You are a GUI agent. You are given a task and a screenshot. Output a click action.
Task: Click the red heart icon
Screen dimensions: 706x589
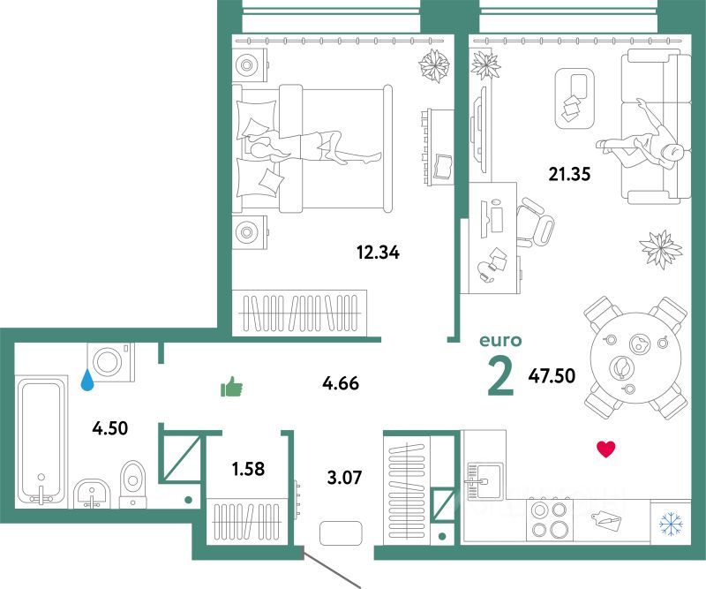(605, 449)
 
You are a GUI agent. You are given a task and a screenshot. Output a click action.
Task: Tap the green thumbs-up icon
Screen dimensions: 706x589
(231, 387)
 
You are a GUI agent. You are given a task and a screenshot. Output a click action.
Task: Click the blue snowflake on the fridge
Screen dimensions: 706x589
(671, 523)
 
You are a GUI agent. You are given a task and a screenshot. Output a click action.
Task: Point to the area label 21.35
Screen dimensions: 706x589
(569, 173)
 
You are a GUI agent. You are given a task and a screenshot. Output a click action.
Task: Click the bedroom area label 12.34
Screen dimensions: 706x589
(378, 253)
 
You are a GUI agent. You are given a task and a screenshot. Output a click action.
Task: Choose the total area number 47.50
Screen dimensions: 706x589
(552, 375)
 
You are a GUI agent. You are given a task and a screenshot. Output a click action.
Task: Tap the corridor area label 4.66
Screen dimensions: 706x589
(341, 383)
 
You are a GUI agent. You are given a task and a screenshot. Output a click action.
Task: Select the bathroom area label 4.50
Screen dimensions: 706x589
(110, 428)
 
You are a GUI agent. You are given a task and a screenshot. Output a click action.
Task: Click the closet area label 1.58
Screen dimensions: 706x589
(248, 469)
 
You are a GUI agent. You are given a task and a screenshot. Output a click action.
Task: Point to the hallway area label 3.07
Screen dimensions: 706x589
(344, 477)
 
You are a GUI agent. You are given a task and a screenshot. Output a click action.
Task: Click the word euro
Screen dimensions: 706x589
(500, 340)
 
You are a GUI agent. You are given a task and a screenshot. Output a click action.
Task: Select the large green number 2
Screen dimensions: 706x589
(500, 378)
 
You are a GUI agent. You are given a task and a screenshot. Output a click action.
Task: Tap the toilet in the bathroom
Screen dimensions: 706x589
(133, 485)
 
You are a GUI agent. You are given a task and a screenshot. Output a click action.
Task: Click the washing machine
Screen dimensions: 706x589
(111, 362)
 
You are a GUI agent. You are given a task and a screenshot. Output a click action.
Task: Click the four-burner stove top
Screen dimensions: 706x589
(549, 518)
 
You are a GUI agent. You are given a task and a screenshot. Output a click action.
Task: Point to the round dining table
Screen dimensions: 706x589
(635, 358)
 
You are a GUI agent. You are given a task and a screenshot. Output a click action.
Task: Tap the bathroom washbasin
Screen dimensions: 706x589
(92, 493)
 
